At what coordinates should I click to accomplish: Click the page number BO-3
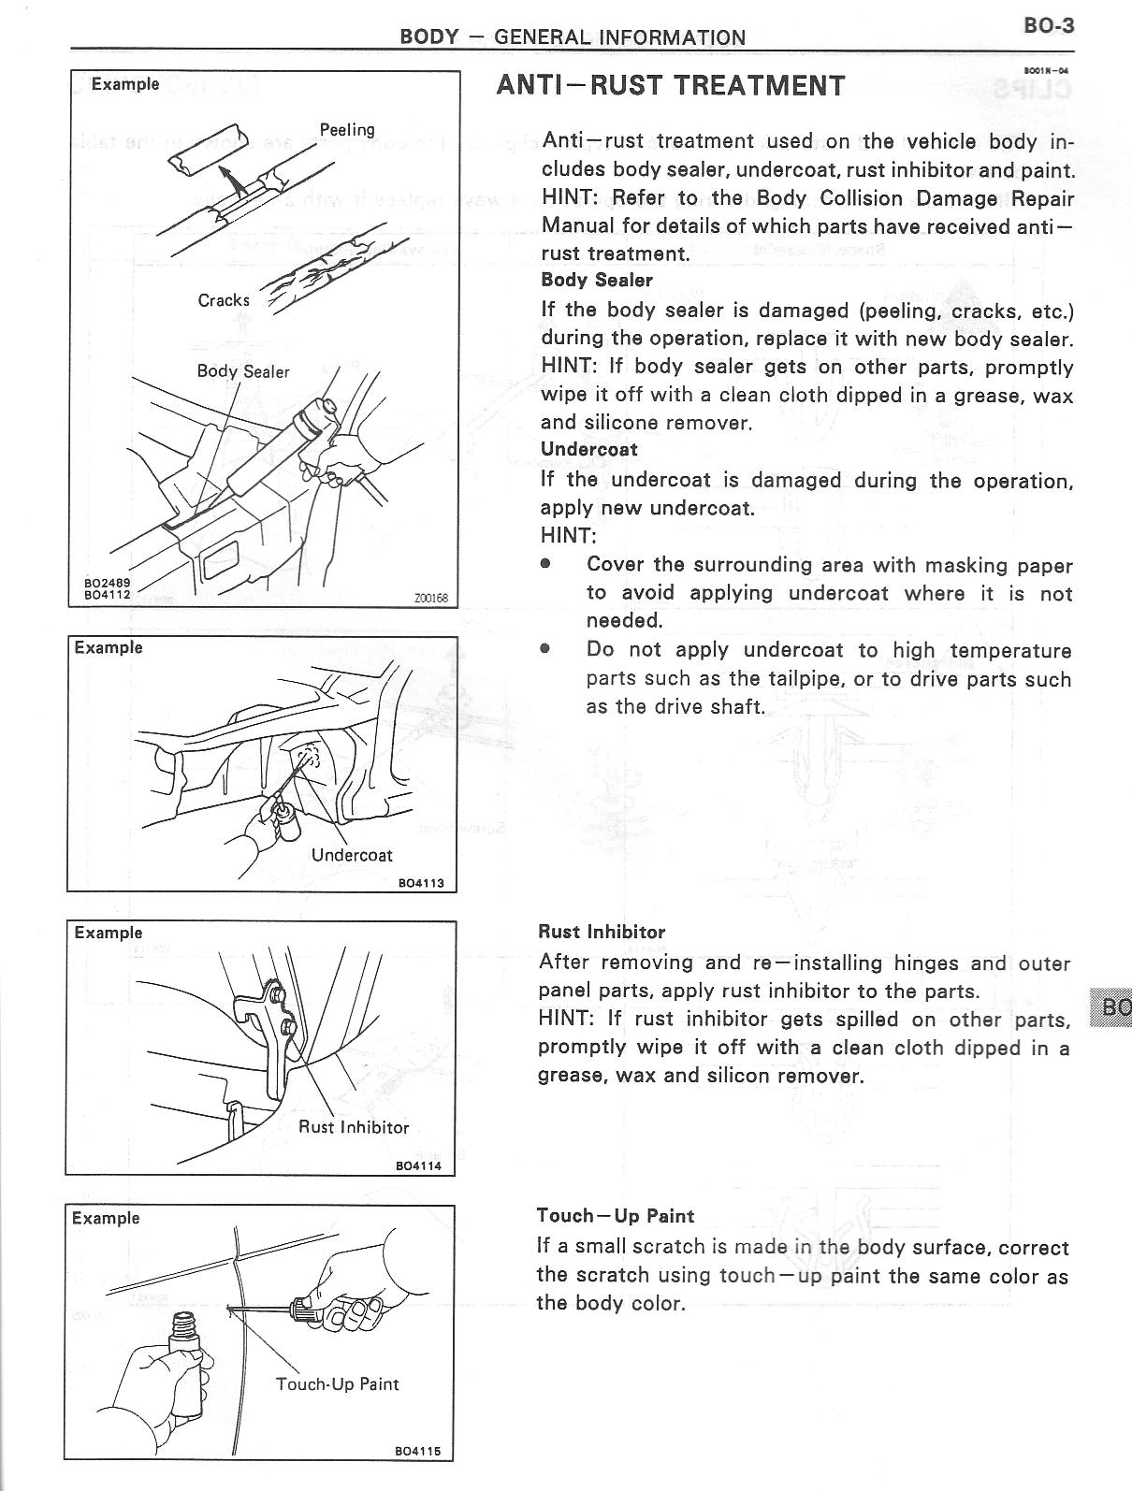pyautogui.click(x=1049, y=25)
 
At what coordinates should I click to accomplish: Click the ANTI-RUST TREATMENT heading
pyautogui.click(x=671, y=86)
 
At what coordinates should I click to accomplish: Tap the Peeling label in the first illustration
pyautogui.click(x=346, y=130)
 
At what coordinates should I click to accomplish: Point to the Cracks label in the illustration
pyautogui.click(x=224, y=300)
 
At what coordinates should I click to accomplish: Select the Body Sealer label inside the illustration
pyautogui.click(x=243, y=371)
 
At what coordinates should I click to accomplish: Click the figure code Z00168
pyautogui.click(x=430, y=598)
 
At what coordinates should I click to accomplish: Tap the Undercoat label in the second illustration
pyautogui.click(x=352, y=855)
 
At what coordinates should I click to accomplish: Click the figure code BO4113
pyautogui.click(x=421, y=882)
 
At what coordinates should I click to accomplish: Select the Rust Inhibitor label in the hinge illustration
pyautogui.click(x=354, y=1127)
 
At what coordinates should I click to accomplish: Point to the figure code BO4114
pyautogui.click(x=418, y=1165)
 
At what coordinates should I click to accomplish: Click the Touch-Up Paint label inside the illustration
pyautogui.click(x=337, y=1383)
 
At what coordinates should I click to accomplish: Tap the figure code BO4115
pyautogui.click(x=417, y=1478)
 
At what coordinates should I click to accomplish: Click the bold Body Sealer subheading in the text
pyautogui.click(x=597, y=281)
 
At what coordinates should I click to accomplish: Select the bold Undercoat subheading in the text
pyautogui.click(x=589, y=450)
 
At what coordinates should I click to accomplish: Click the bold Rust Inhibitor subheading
pyautogui.click(x=602, y=933)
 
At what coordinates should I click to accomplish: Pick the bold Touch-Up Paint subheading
pyautogui.click(x=615, y=1216)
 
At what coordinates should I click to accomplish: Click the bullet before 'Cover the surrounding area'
pyautogui.click(x=545, y=565)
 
